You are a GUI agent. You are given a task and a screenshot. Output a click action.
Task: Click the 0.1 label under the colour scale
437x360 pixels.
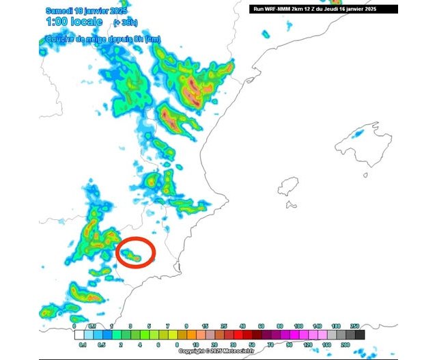click(x=83, y=345)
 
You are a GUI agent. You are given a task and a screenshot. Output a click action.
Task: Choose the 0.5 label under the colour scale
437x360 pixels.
click(x=101, y=345)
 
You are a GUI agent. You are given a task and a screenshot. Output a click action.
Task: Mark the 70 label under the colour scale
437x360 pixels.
click(x=261, y=345)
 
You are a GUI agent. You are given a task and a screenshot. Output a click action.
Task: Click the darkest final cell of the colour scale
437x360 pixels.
click(x=360, y=335)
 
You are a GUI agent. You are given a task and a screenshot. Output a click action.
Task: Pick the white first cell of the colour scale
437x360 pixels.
click(x=79, y=335)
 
